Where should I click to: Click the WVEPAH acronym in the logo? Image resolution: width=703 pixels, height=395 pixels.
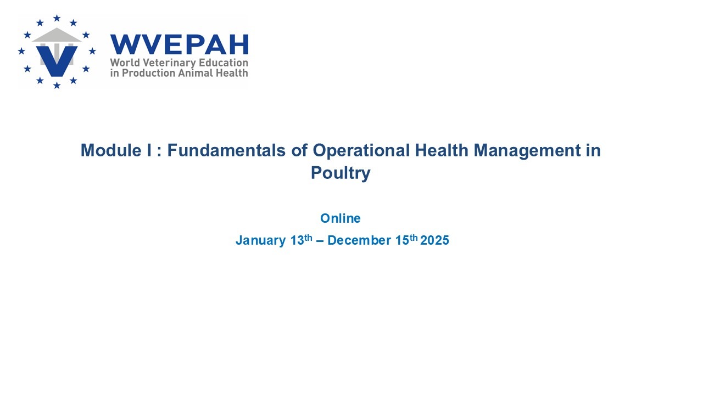(x=180, y=44)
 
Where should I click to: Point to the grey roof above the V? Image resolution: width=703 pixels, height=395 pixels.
(x=57, y=35)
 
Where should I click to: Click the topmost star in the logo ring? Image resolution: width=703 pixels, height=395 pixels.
(x=57, y=18)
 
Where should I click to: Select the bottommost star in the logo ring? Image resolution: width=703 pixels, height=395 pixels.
(x=57, y=85)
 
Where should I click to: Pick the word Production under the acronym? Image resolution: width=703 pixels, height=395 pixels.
(x=148, y=73)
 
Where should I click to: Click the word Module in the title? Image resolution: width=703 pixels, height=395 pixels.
(x=111, y=150)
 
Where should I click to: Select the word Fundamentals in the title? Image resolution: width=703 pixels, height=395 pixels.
(x=226, y=150)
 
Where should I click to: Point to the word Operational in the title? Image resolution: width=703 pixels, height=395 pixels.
(x=361, y=150)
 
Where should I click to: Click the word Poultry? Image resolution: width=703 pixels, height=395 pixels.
(x=341, y=173)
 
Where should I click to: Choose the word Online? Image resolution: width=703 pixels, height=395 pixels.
(x=341, y=218)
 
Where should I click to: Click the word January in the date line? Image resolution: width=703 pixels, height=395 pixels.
(x=261, y=241)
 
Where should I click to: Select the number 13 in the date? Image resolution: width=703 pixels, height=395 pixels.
(x=297, y=240)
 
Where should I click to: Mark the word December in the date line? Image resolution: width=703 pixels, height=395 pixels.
(x=359, y=240)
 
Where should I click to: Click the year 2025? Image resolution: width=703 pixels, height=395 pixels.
(x=434, y=240)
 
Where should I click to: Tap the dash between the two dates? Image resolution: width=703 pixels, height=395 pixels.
(x=320, y=241)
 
